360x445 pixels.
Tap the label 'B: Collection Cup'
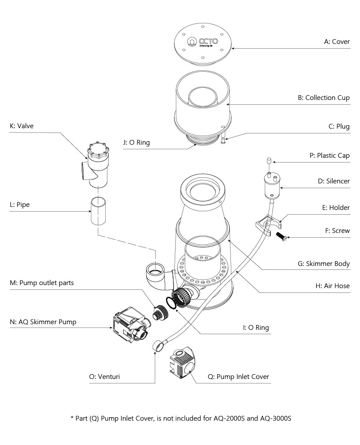click(323, 98)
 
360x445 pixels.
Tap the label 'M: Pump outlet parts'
click(42, 283)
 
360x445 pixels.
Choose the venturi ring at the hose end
click(158, 346)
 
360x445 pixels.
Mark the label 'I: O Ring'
click(256, 327)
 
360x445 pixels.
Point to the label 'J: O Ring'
click(137, 142)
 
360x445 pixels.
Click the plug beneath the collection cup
click(223, 140)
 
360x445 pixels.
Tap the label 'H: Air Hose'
click(332, 286)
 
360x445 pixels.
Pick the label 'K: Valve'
click(21, 126)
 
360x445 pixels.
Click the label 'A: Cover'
click(337, 42)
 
